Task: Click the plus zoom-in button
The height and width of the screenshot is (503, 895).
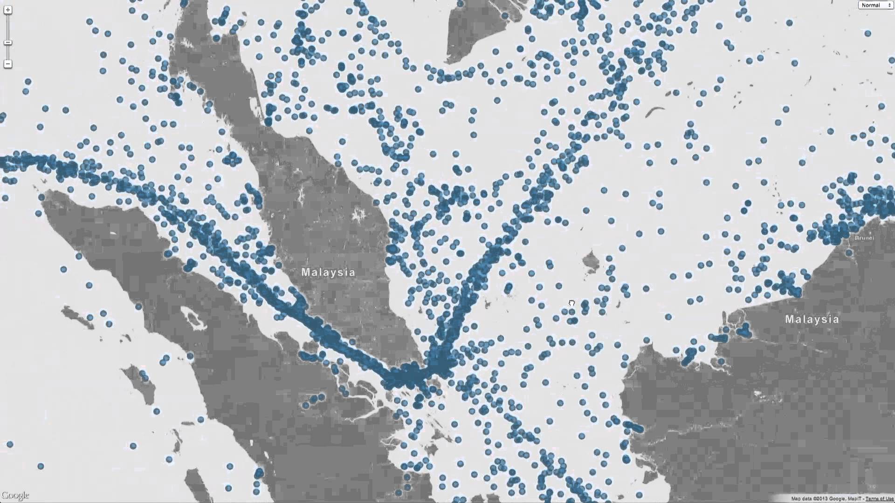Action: pos(8,10)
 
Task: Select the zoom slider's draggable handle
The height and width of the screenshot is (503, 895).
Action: pos(8,42)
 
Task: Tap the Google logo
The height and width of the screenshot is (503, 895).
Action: pos(15,495)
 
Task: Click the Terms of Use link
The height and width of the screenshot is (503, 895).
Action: pos(879,499)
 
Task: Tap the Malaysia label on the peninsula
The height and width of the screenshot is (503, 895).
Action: pos(328,272)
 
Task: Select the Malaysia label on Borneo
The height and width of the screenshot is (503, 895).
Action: pos(812,319)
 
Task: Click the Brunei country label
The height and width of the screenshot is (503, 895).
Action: pos(864,238)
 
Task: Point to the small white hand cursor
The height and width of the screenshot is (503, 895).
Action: pos(571,303)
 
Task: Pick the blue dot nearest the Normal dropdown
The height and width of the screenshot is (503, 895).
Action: pos(867,34)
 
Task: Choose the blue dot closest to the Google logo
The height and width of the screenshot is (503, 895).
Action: pos(41,466)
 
